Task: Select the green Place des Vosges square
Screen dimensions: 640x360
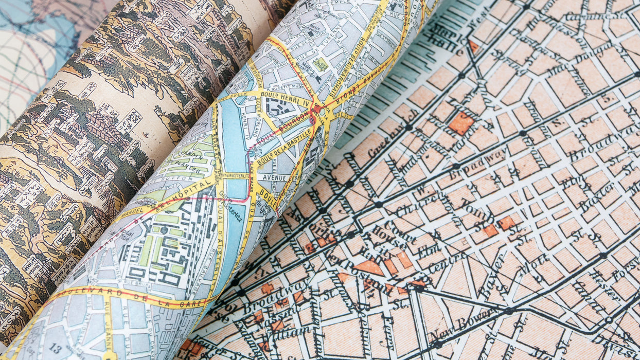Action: [x=320, y=64]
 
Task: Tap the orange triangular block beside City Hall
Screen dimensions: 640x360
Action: [x=370, y=267]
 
